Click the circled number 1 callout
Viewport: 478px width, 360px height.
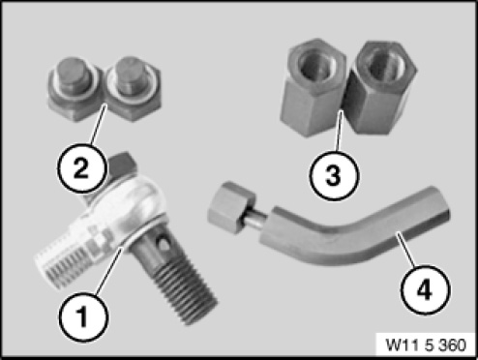click(83, 316)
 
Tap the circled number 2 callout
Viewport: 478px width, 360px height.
click(81, 168)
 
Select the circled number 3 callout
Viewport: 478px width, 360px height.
click(334, 176)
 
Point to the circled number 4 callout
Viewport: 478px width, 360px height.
click(425, 290)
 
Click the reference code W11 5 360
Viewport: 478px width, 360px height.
click(426, 345)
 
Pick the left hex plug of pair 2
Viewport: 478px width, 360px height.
click(76, 89)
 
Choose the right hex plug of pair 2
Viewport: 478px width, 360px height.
click(134, 89)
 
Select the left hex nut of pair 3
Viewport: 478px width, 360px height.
click(315, 87)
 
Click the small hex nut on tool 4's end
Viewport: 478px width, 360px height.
click(231, 206)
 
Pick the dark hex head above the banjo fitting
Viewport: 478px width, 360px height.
click(121, 166)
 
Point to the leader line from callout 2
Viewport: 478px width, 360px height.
click(98, 125)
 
